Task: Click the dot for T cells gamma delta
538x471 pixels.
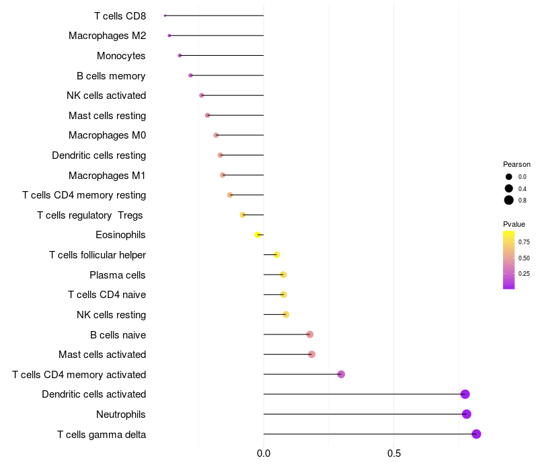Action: click(x=476, y=434)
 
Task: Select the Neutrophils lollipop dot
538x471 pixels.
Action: click(x=467, y=414)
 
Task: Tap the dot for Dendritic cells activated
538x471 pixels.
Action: click(x=465, y=394)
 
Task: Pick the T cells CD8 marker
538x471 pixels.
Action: click(x=165, y=15)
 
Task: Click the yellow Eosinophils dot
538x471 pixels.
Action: click(x=258, y=235)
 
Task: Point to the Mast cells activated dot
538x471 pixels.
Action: click(x=311, y=355)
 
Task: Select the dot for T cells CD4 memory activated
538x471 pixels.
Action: click(x=341, y=374)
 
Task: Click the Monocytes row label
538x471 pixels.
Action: click(x=121, y=56)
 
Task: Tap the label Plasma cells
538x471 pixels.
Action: click(x=118, y=275)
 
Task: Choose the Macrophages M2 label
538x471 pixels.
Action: click(x=107, y=36)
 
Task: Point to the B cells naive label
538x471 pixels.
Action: click(x=118, y=334)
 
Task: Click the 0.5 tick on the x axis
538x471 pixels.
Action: click(x=394, y=454)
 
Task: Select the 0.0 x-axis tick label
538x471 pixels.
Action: click(x=264, y=454)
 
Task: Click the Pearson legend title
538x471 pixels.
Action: click(x=516, y=164)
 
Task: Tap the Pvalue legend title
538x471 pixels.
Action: click(x=514, y=224)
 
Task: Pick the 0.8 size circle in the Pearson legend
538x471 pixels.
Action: click(x=509, y=200)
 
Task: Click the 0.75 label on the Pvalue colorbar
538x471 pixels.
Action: click(x=524, y=242)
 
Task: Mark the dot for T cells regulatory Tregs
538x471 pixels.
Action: click(x=243, y=215)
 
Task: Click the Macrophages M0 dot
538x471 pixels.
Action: click(x=216, y=135)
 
